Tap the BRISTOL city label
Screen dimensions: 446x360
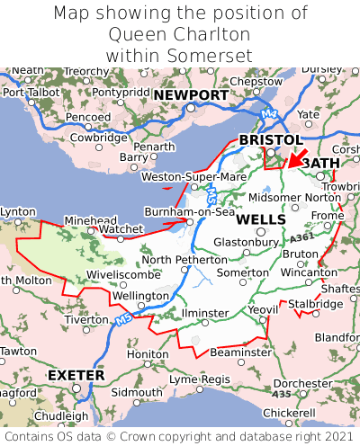tap(270, 140)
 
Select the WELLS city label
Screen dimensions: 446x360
tap(261, 219)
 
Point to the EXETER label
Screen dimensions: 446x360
tap(76, 374)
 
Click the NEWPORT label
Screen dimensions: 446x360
tap(190, 94)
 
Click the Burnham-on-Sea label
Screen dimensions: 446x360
tap(190, 212)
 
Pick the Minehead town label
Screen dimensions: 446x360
tap(90, 219)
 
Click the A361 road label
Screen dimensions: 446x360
tap(302, 236)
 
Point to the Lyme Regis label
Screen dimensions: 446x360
tap(201, 379)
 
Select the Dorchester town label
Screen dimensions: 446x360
tap(303, 383)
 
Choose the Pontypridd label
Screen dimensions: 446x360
tap(120, 92)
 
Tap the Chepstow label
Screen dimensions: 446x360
tap(256, 81)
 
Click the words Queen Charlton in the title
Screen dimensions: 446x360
tap(180, 34)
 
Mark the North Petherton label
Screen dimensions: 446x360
tap(184, 260)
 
